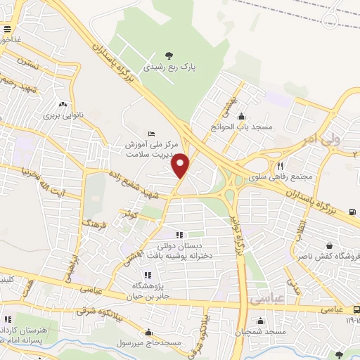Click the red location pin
tap(181, 166)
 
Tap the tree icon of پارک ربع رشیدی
tap(168, 56)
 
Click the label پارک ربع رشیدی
tap(168, 68)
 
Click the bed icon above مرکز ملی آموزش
tap(152, 134)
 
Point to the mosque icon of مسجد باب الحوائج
tap(242, 117)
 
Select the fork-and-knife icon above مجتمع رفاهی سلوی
tap(279, 165)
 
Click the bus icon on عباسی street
tap(356, 309)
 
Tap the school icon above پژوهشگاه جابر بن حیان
tap(147, 275)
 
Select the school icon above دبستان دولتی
tap(179, 235)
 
